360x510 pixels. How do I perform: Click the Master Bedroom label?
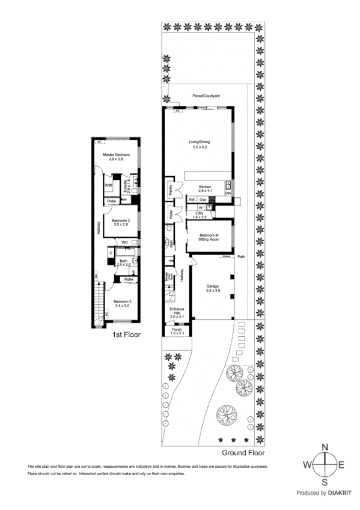point(117,155)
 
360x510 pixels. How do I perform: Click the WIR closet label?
point(109,184)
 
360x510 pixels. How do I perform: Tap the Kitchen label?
point(204,186)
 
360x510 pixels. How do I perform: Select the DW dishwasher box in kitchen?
point(228,194)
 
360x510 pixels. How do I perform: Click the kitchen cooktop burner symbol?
point(212,199)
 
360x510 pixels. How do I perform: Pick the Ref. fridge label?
point(192,199)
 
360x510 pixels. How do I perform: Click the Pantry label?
point(171,190)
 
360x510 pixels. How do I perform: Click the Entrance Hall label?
point(177,312)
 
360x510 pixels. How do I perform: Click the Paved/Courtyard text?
point(206,96)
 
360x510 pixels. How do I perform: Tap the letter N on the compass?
point(325,447)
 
